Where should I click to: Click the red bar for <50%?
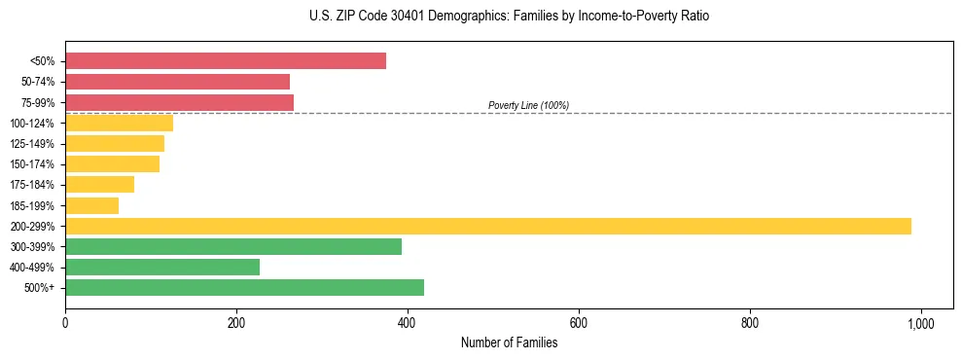click(x=226, y=61)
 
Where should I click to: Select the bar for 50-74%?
click(x=177, y=82)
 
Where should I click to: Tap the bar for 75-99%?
click(x=179, y=102)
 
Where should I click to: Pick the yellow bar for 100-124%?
click(x=119, y=123)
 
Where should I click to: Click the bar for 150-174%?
click(x=112, y=164)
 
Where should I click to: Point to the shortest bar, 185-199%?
click(x=91, y=205)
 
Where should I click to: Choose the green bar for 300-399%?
click(x=233, y=246)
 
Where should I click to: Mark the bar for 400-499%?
click(x=162, y=267)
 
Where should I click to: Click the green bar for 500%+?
click(x=244, y=287)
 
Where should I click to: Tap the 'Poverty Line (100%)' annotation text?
click(x=528, y=105)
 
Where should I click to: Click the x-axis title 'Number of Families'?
click(x=509, y=342)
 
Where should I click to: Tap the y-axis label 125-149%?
click(x=32, y=144)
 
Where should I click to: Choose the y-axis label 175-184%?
click(x=32, y=185)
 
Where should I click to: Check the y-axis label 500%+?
click(x=40, y=288)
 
